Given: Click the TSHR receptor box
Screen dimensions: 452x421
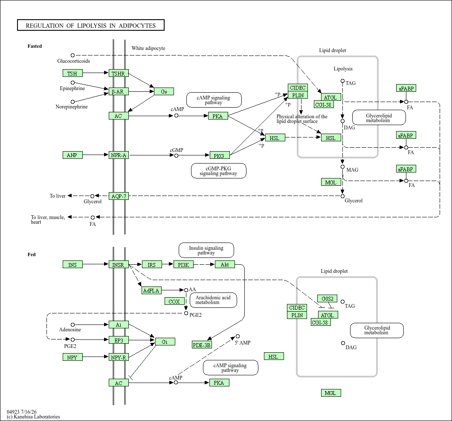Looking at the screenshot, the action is click(119, 73).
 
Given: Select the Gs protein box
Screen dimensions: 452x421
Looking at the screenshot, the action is click(164, 91).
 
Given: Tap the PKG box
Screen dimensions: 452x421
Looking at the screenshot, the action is click(219, 155).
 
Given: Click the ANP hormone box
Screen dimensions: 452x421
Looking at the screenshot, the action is click(72, 155).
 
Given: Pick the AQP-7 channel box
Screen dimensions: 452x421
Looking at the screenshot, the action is click(119, 196).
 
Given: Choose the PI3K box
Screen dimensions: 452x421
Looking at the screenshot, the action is click(183, 264).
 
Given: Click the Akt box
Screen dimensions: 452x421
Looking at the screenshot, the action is click(225, 264).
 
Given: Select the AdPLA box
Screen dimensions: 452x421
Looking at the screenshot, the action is click(151, 290).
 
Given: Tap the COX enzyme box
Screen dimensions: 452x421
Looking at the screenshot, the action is click(174, 301).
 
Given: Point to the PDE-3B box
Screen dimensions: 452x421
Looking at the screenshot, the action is click(202, 345).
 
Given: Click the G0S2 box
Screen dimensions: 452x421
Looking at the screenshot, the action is click(327, 298).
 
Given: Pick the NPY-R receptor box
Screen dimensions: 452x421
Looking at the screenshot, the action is click(119, 357).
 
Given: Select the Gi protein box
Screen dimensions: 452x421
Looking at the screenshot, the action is click(165, 342).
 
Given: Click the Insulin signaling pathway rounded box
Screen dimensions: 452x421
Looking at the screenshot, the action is click(206, 250).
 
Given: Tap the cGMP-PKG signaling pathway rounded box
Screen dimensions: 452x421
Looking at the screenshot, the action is click(218, 171).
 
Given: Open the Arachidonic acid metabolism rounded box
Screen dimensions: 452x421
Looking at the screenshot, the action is click(213, 300).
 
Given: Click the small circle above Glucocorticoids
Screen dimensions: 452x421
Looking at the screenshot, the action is click(72, 55).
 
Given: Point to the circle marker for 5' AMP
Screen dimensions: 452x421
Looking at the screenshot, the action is click(238, 336).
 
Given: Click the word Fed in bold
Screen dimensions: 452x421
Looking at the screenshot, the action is click(32, 254).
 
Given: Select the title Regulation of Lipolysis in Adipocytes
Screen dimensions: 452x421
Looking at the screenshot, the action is click(91, 25).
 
